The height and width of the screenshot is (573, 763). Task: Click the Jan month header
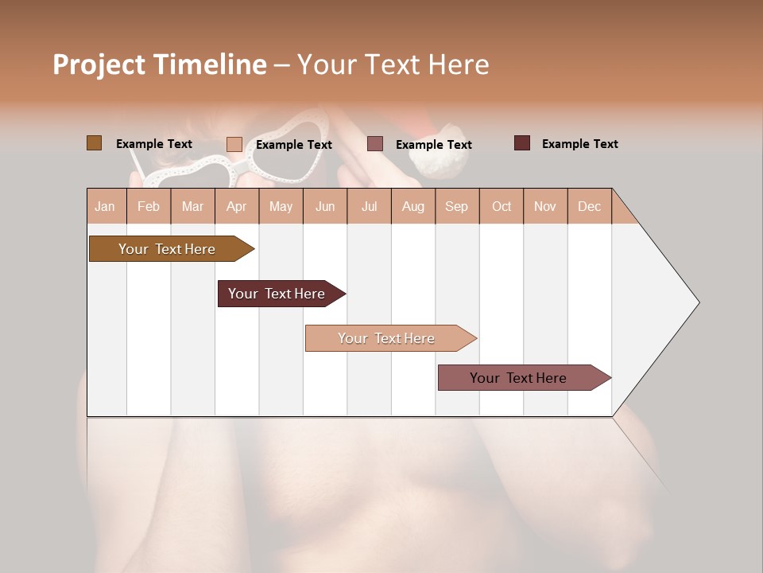click(x=106, y=206)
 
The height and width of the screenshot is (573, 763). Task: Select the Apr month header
click(x=237, y=206)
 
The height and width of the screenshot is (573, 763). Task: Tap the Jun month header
click(x=325, y=206)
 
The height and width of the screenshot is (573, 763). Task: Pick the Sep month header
click(x=457, y=206)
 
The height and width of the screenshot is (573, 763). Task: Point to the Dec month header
click(x=589, y=206)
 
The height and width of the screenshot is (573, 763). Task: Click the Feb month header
click(x=149, y=206)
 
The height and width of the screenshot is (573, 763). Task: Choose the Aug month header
click(x=413, y=206)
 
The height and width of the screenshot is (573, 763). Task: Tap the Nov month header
click(x=545, y=206)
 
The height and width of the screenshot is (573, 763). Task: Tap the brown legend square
click(x=95, y=143)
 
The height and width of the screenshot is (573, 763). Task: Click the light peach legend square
click(x=234, y=144)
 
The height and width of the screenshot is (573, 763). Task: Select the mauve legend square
click(x=375, y=144)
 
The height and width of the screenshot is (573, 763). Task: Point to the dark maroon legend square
click(x=522, y=143)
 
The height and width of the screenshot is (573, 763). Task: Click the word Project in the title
click(x=99, y=64)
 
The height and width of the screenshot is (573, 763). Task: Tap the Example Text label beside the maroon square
click(x=579, y=144)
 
